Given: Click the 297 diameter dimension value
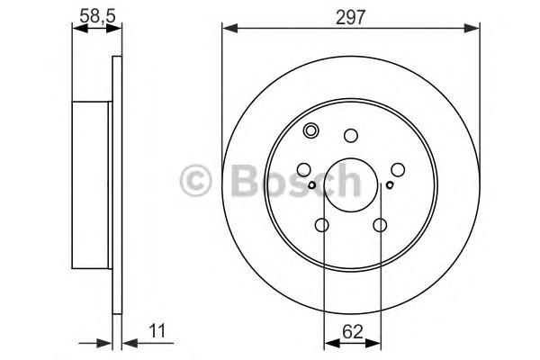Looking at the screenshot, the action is [x=350, y=17].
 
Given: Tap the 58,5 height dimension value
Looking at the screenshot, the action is [x=97, y=16].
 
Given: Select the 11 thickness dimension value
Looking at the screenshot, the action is [x=157, y=331].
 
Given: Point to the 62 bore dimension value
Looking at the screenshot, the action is [x=353, y=332].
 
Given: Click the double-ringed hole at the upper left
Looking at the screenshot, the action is [x=311, y=130].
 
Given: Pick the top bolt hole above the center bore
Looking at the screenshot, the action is [x=351, y=135].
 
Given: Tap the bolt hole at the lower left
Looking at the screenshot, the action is [x=321, y=225].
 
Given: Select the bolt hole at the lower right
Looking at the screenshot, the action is [x=380, y=225].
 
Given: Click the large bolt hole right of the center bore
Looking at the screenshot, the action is [x=398, y=169].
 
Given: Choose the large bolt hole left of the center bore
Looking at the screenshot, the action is [x=304, y=169].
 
